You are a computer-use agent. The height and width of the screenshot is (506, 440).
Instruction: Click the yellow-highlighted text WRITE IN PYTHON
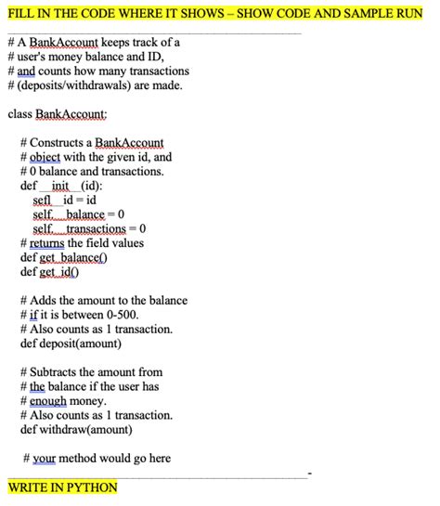click(x=62, y=487)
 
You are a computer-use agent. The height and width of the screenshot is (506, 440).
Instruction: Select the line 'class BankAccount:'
click(x=58, y=113)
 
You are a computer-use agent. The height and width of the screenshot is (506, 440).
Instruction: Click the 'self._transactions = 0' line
click(x=90, y=228)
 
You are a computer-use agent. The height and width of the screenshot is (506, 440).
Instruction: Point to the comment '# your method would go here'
click(x=97, y=459)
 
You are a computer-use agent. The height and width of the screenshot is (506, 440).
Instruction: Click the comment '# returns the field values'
click(x=82, y=243)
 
